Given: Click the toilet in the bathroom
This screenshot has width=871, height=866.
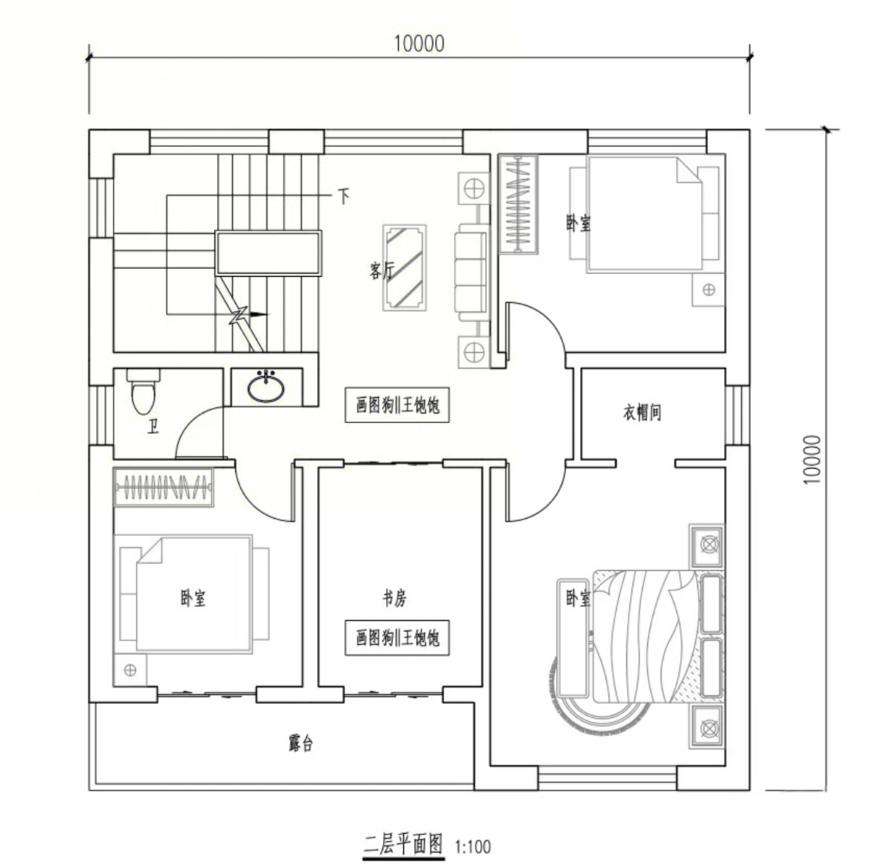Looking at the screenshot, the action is click(x=143, y=391).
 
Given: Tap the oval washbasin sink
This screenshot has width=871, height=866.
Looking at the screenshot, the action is click(x=266, y=387).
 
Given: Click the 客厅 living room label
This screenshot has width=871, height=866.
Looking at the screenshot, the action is click(x=382, y=270).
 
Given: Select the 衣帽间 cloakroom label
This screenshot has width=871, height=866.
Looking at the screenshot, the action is click(x=642, y=412).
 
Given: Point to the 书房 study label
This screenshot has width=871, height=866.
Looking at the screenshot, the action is click(x=394, y=598).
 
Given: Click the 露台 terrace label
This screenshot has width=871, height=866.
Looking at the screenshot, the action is click(x=301, y=743).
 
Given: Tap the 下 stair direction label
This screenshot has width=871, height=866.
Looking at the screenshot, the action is click(x=344, y=196).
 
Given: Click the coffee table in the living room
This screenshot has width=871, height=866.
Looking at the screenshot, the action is click(x=405, y=267).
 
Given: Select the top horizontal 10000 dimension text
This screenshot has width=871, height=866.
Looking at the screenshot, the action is click(x=419, y=43).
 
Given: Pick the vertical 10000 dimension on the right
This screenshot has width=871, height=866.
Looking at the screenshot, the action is click(x=811, y=459).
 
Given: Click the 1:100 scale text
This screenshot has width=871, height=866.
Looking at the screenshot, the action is click(x=472, y=847).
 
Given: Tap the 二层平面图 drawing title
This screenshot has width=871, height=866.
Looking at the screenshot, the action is click(x=403, y=845).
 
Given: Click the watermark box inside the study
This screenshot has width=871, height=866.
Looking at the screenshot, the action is click(x=397, y=638).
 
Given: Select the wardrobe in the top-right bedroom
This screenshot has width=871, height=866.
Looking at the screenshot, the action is click(x=518, y=204).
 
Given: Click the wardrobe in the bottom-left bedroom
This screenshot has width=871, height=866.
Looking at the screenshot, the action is click(x=164, y=487).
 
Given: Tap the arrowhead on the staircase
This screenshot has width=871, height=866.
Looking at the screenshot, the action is click(x=259, y=314).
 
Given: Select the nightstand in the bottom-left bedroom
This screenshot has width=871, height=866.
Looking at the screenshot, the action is click(x=131, y=670).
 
